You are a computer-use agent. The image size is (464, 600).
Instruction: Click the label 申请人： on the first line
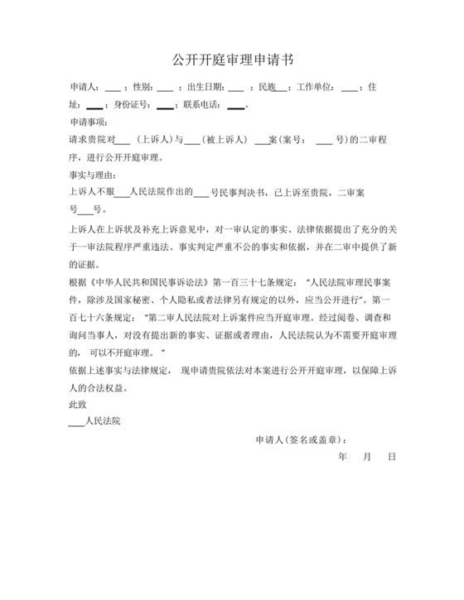[86, 87]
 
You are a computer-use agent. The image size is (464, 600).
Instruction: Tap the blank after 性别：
[164, 87]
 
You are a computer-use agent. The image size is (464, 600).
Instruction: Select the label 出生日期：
[206, 87]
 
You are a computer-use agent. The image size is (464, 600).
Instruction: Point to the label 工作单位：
[317, 87]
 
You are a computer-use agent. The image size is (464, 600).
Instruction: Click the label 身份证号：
[131, 105]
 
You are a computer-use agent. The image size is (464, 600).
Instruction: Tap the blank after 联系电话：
[235, 105]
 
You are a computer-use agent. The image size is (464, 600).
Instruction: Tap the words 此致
[77, 405]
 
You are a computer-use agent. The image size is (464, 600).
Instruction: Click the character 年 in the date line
[343, 457]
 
